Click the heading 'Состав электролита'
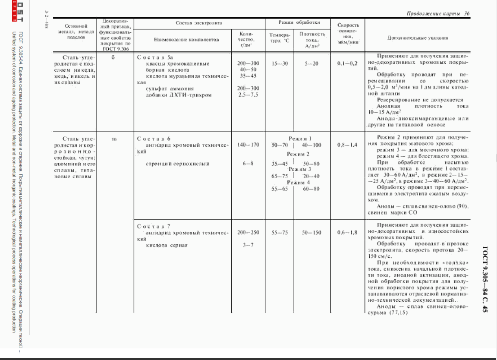click(x=199, y=22)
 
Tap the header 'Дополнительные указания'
click(x=418, y=38)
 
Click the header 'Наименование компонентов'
click(x=186, y=39)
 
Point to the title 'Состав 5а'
click(x=155, y=57)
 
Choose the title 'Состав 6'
click(x=154, y=139)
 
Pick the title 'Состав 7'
click(x=154, y=226)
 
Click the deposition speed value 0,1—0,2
click(x=347, y=63)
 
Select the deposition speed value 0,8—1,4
click(x=347, y=145)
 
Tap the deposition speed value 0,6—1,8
click(x=347, y=233)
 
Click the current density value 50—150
click(x=311, y=233)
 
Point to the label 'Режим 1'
click(x=300, y=139)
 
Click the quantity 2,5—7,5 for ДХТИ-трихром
click(x=248, y=95)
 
